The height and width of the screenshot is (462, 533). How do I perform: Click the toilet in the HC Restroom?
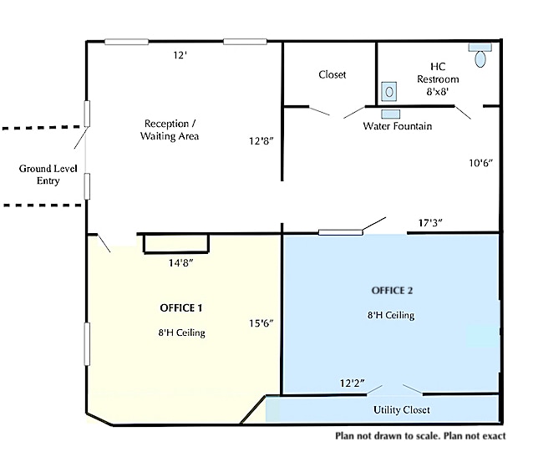click(x=480, y=55)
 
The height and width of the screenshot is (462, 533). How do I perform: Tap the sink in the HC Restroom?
click(x=388, y=91)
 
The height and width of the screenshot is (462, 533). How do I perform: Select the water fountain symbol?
click(x=391, y=114)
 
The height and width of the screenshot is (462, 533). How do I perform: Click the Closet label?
click(x=332, y=74)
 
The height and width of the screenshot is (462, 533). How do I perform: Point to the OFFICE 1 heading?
click(x=180, y=308)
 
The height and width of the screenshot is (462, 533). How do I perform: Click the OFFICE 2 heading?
click(x=392, y=291)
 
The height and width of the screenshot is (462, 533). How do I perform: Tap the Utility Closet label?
click(x=402, y=410)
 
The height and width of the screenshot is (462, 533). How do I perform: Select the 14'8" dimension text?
click(x=180, y=263)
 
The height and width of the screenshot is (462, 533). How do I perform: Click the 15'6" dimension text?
click(x=261, y=323)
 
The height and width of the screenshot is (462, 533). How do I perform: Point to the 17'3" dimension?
click(x=430, y=223)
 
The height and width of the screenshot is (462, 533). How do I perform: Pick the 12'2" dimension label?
click(x=353, y=383)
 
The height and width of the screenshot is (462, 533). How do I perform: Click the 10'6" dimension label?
click(x=480, y=164)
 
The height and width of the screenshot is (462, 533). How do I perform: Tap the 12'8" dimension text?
click(x=261, y=141)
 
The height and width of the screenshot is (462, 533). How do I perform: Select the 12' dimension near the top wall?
click(x=180, y=55)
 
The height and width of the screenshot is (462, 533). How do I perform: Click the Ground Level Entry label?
click(x=48, y=175)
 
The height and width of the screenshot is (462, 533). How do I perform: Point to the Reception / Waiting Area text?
click(x=170, y=129)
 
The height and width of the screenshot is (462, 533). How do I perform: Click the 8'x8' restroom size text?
click(x=438, y=91)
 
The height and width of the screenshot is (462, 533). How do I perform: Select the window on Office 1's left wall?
click(x=88, y=344)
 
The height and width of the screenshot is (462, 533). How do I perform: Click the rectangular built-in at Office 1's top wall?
click(x=176, y=243)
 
